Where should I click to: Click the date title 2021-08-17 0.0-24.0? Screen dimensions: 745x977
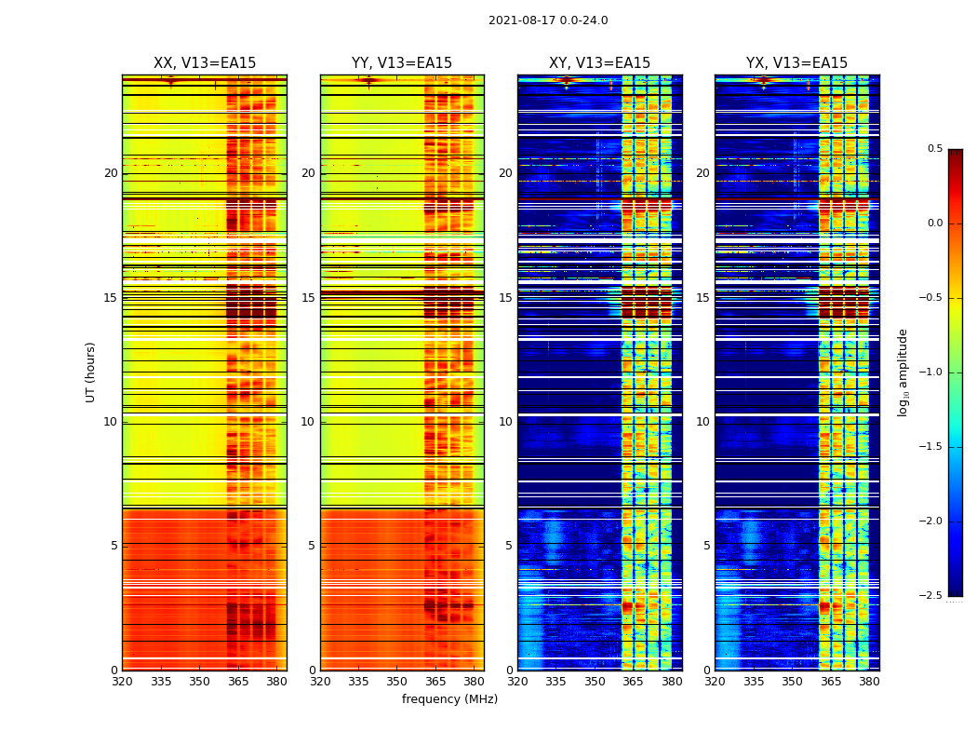tap(548, 20)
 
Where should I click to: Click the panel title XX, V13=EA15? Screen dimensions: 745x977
tap(205, 63)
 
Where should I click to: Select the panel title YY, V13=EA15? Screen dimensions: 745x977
tap(402, 63)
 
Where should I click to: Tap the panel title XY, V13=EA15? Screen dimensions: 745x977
tap(599, 63)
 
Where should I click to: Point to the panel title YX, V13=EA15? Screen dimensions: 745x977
tap(796, 63)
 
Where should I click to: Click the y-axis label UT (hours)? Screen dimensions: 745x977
tap(91, 372)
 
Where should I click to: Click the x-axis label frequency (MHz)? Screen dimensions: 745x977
tap(449, 699)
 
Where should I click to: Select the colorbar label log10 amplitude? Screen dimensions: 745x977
tap(903, 372)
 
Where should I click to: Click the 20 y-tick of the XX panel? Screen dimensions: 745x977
tap(111, 173)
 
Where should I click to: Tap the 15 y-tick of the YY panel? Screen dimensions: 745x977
tap(308, 298)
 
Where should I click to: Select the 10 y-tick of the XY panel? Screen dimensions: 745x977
tap(505, 422)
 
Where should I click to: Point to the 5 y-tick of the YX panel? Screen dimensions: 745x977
tap(706, 546)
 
